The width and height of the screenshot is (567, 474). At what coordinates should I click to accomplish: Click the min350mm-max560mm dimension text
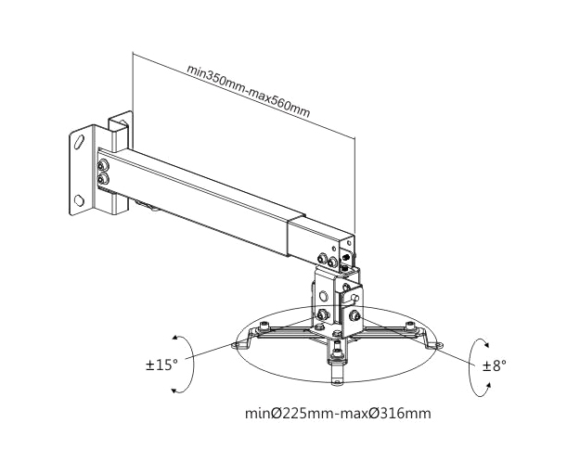tap(249, 91)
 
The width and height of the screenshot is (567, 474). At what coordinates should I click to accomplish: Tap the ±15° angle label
tap(161, 365)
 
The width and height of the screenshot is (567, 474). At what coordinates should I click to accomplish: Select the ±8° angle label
tap(495, 365)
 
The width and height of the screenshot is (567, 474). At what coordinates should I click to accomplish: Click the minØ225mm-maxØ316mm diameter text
tap(338, 413)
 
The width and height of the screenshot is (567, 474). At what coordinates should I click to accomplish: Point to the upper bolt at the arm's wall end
tap(104, 165)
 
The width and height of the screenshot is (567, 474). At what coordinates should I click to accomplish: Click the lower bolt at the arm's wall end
tap(104, 178)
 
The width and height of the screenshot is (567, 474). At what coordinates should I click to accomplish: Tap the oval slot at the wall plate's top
tap(79, 141)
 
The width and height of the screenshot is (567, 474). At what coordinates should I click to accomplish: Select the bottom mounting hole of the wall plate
tap(79, 200)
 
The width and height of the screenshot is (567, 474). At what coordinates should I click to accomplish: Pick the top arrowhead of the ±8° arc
tap(486, 343)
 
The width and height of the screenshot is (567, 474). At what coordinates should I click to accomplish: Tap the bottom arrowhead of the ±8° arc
tap(488, 386)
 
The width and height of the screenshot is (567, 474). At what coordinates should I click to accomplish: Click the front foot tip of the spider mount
tap(337, 382)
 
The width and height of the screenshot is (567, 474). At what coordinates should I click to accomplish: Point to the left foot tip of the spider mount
tap(236, 346)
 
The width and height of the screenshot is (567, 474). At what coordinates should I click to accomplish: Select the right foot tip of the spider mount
tap(439, 345)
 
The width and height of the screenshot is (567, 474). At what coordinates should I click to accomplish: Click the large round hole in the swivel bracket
tap(324, 297)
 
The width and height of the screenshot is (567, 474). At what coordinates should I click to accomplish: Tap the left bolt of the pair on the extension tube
tap(321, 259)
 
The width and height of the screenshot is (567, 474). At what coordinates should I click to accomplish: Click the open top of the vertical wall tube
tap(120, 122)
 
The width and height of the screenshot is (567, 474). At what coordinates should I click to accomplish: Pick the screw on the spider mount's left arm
tap(264, 327)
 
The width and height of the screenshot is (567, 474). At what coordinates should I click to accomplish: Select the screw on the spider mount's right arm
tap(409, 325)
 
